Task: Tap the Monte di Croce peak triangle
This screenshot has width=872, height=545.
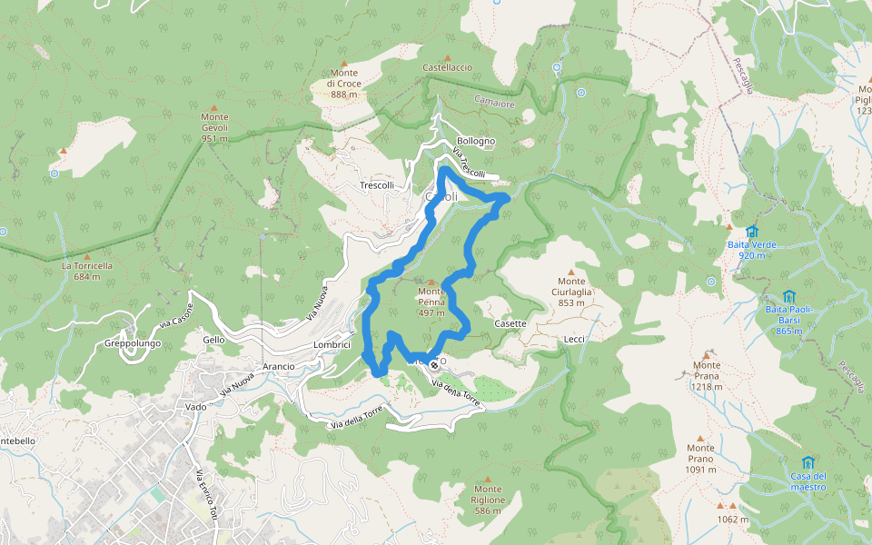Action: click(343, 64)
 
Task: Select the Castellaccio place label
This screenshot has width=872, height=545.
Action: click(447, 68)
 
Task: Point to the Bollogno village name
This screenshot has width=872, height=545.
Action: click(476, 141)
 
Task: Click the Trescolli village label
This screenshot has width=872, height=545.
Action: click(377, 185)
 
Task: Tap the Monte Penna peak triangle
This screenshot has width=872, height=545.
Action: click(431, 282)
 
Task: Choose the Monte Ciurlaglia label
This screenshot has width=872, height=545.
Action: click(571, 292)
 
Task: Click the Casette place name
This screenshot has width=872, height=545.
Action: click(510, 323)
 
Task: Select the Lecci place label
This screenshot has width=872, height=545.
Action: click(574, 339)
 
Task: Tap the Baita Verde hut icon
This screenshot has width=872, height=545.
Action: click(751, 232)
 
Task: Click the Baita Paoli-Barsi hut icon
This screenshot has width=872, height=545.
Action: click(788, 297)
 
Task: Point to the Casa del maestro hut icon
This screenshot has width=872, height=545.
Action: click(808, 462)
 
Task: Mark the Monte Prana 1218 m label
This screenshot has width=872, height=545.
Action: click(706, 375)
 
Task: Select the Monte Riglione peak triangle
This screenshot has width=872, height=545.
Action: click(488, 479)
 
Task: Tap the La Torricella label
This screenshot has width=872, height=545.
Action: click(87, 271)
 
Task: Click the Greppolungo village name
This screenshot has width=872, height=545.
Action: click(132, 344)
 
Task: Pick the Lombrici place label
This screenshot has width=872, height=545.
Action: click(332, 345)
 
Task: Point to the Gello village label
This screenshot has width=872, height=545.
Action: click(214, 339)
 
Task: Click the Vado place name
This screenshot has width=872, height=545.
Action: click(195, 407)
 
